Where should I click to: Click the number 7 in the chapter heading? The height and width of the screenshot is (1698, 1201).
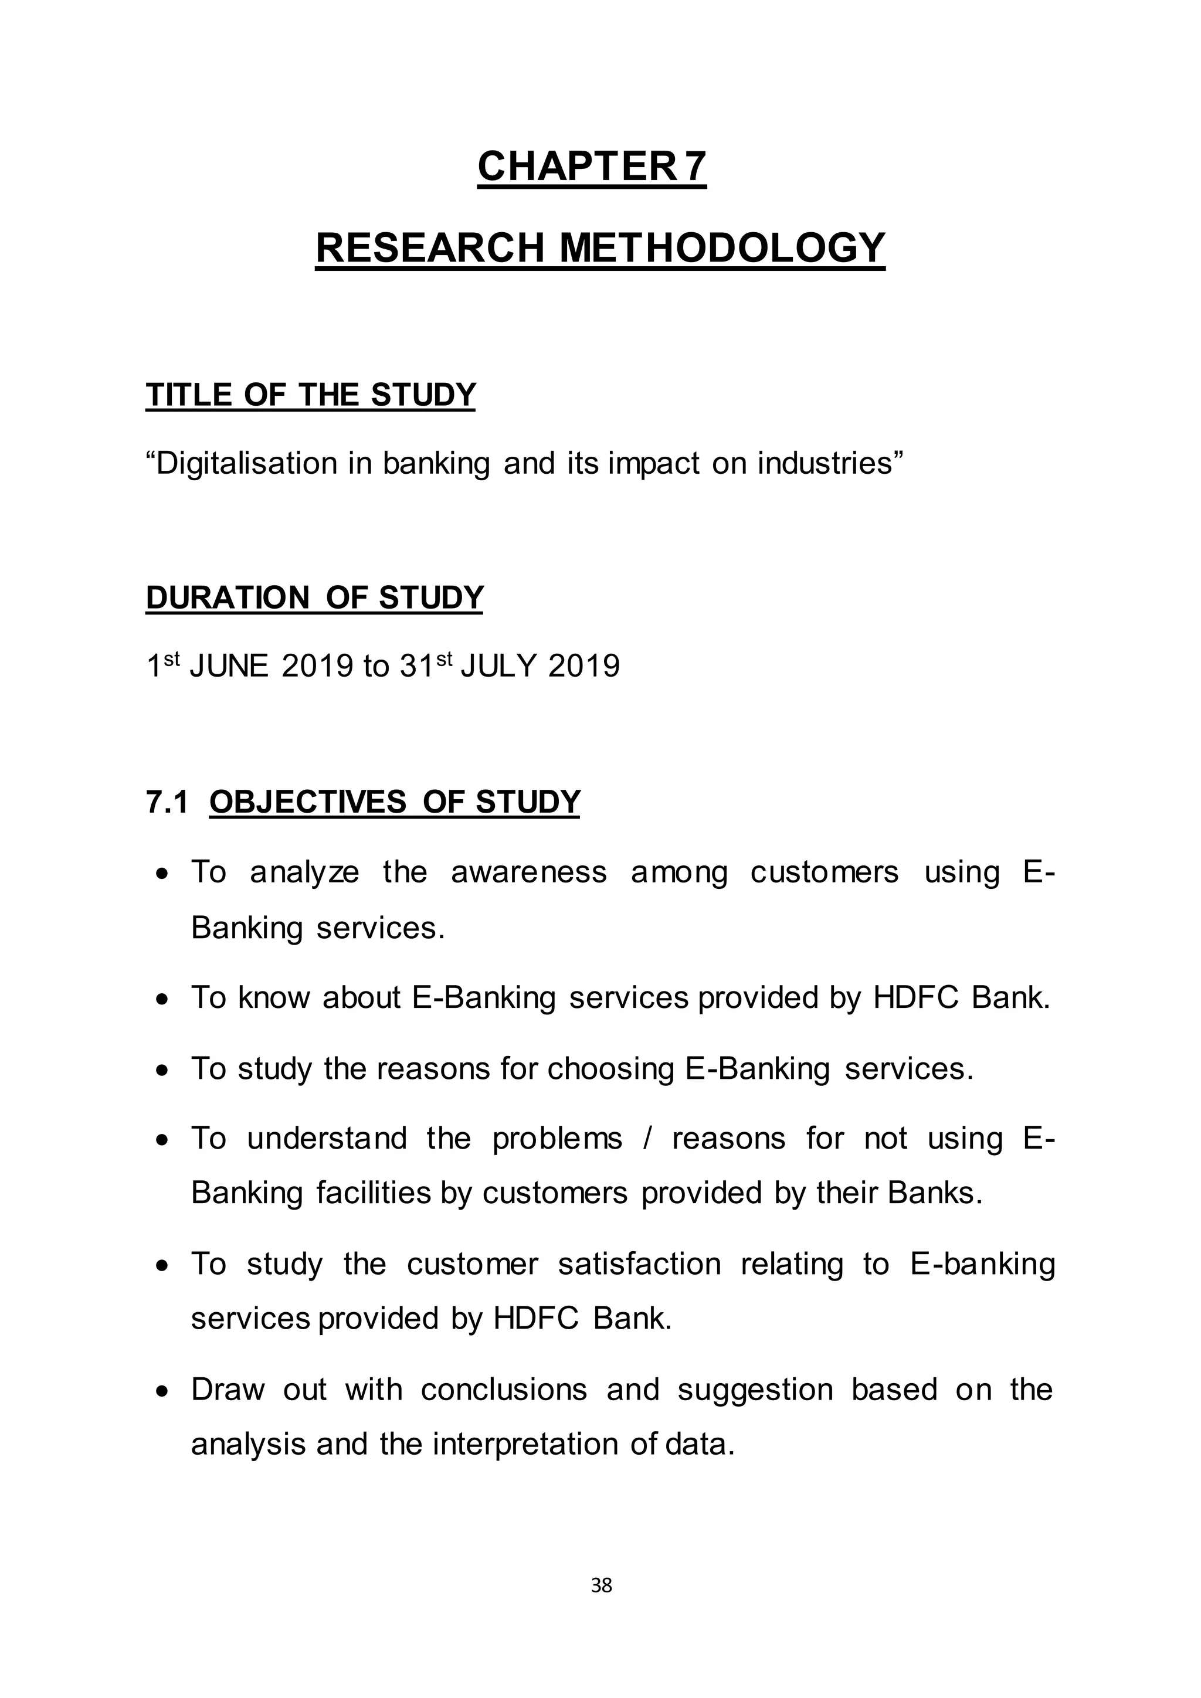tap(695, 167)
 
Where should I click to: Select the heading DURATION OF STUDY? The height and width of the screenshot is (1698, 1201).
tap(314, 597)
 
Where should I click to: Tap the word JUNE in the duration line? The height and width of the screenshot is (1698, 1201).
tap(229, 667)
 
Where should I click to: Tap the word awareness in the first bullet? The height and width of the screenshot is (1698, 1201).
tap(529, 872)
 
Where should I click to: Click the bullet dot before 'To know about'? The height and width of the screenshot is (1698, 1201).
tap(162, 999)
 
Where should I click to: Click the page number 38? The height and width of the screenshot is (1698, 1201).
tap(601, 1585)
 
